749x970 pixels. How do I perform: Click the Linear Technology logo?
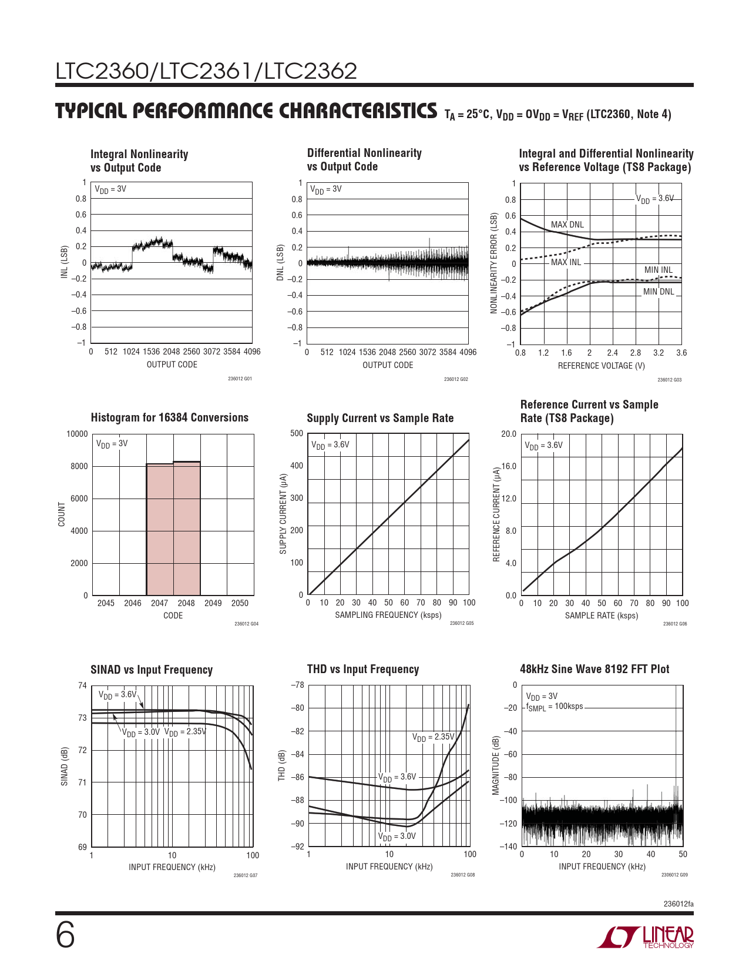click(x=645, y=937)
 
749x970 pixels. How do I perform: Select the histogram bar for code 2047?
click(x=160, y=529)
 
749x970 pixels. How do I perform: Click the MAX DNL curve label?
click(x=567, y=225)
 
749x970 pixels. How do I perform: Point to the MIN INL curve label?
click(x=658, y=270)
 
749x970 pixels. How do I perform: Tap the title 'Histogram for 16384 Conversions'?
click(x=169, y=417)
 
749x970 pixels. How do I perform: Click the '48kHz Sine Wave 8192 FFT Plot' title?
click(x=594, y=669)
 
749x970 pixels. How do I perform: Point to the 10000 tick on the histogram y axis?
click(x=77, y=434)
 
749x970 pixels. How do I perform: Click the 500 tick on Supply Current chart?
click(x=297, y=434)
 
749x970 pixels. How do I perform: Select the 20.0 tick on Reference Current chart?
click(x=508, y=434)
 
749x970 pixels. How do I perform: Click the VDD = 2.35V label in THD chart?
click(x=433, y=737)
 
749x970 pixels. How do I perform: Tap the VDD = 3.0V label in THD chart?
click(x=397, y=836)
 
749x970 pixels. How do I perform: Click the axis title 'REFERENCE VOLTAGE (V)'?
click(x=601, y=366)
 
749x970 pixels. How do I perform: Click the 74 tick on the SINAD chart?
click(x=82, y=685)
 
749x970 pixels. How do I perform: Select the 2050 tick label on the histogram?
click(x=240, y=603)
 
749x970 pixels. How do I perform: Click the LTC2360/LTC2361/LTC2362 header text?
click(x=206, y=71)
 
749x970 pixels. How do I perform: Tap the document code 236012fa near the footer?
click(x=678, y=904)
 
